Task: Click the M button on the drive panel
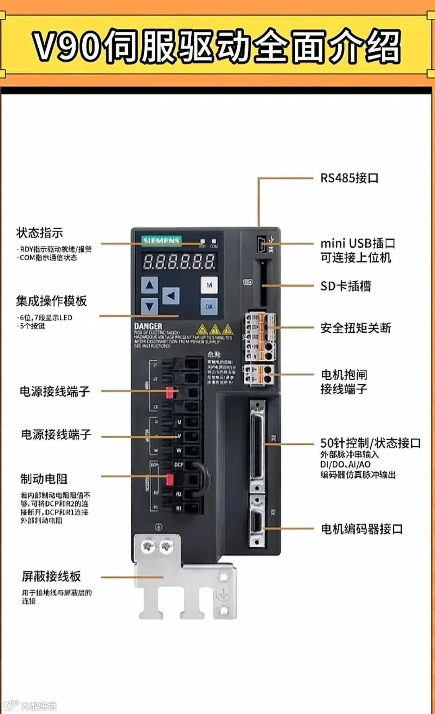click(x=209, y=285)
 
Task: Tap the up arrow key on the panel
click(x=150, y=285)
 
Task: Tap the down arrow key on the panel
click(x=150, y=306)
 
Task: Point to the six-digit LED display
click(x=179, y=262)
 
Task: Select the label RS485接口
click(x=349, y=178)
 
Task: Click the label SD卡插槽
click(x=346, y=286)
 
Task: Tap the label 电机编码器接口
click(x=361, y=529)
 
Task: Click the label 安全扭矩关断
click(x=355, y=328)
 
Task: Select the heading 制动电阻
click(x=44, y=479)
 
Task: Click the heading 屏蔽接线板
click(x=51, y=576)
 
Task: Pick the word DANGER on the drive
click(x=148, y=326)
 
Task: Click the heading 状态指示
click(x=39, y=233)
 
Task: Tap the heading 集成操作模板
click(x=51, y=301)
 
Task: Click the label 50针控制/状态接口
click(x=370, y=443)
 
